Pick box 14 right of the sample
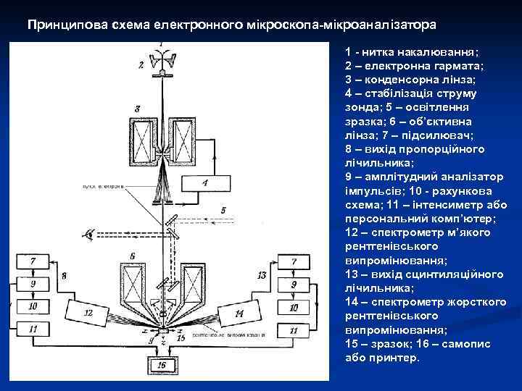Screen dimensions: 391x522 tap(239, 313)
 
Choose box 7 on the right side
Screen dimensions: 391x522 tap(293, 261)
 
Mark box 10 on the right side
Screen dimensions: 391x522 tap(293, 308)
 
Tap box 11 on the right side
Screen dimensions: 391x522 tap(293, 330)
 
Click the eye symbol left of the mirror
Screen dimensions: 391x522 tap(91, 233)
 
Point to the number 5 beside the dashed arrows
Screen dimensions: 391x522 tap(224, 210)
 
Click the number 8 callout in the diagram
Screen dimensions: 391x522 tap(64, 276)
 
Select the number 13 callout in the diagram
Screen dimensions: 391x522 tap(262, 276)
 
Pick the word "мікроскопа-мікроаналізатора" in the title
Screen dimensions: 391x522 tap(356, 25)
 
